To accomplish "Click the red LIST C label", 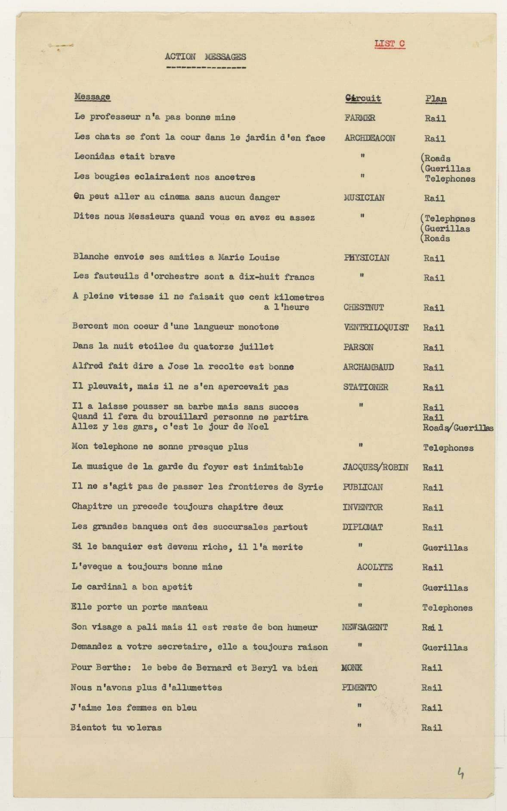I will click(390, 44).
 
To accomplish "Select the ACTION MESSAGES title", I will click(205, 56).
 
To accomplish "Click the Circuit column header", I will click(363, 98).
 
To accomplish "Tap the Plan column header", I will click(436, 99).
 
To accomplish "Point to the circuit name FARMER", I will click(359, 118).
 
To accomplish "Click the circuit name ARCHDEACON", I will click(370, 138).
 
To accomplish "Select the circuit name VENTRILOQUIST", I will click(376, 328).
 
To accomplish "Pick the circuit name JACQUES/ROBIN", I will click(375, 467).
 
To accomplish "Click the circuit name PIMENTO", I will click(359, 688).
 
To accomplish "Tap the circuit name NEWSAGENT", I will click(365, 627).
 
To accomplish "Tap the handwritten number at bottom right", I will click(461, 774).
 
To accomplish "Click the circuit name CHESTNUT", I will click(363, 308).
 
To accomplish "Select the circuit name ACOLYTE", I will click(374, 567).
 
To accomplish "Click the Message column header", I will click(92, 97).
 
